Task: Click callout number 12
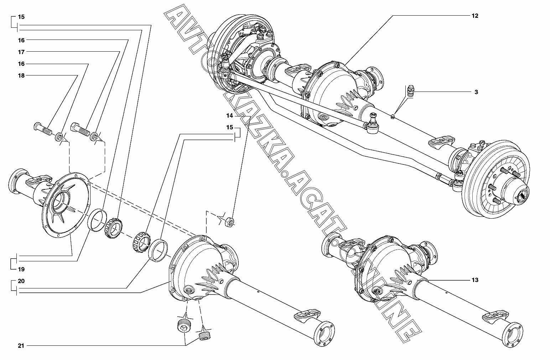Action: pos(475,16)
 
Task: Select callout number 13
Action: pos(475,280)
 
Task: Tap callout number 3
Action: pos(476,92)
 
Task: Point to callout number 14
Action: pos(229,116)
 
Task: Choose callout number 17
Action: pos(21,52)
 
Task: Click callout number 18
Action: pos(21,75)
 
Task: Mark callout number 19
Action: pos(21,269)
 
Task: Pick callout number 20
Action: pos(21,281)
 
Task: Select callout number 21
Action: pos(21,345)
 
